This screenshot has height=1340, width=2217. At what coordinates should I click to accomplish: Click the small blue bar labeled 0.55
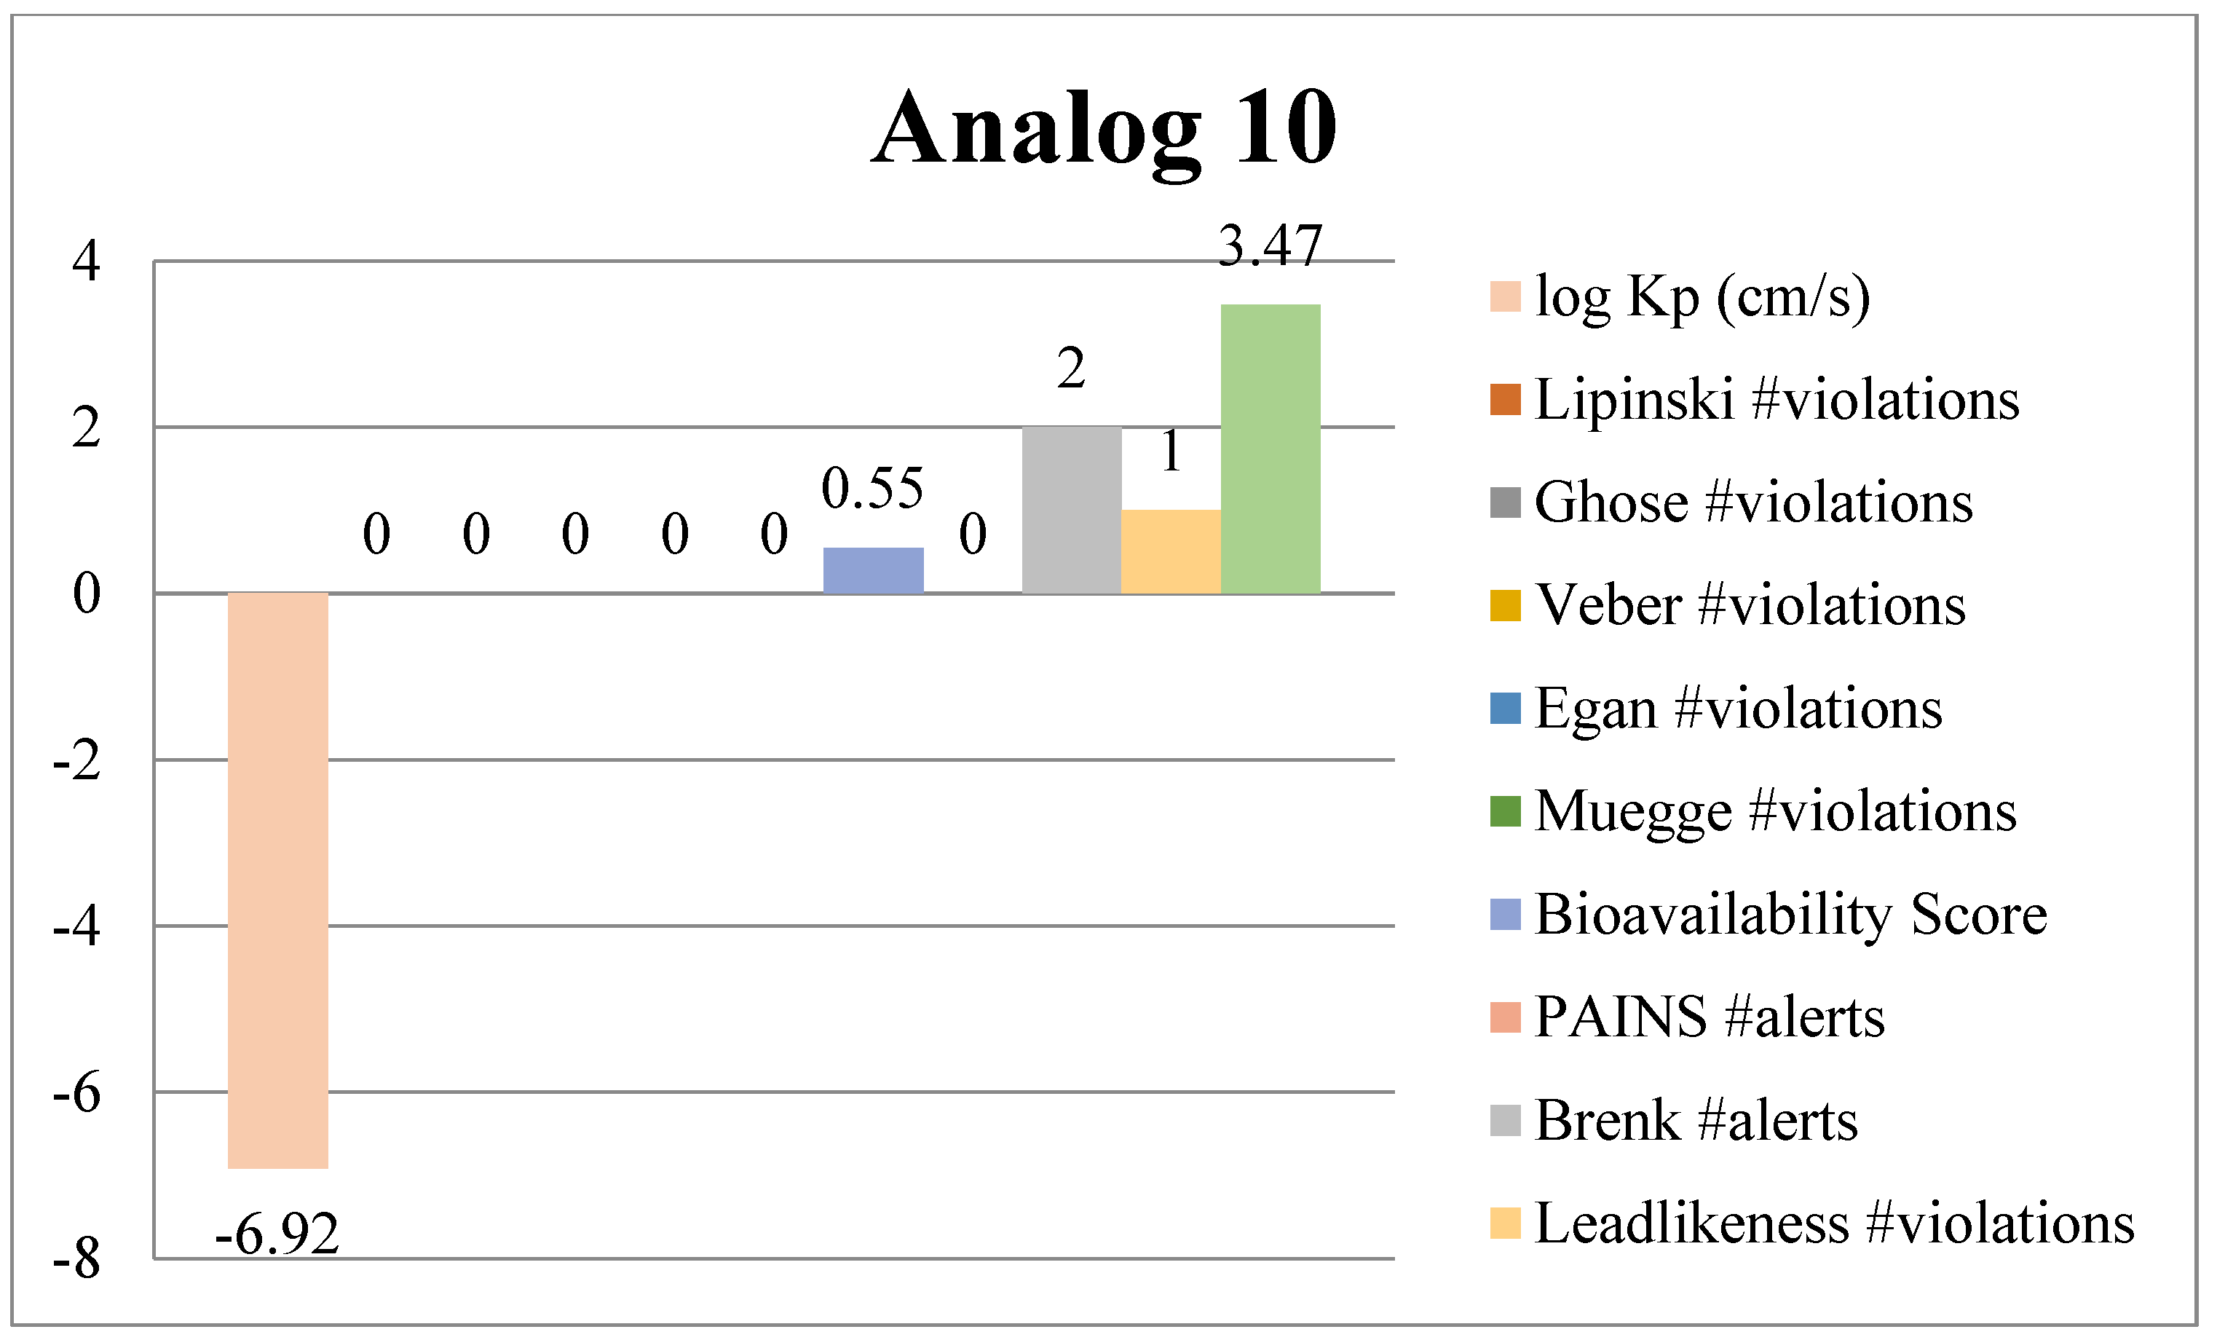click(x=873, y=569)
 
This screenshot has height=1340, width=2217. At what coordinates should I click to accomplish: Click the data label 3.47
click(x=1270, y=245)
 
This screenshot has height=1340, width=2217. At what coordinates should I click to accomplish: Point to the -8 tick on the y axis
click(x=77, y=1258)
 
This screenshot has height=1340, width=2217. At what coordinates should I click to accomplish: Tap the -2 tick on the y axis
click(x=77, y=760)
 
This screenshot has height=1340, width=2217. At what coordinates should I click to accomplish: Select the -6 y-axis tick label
click(x=77, y=1092)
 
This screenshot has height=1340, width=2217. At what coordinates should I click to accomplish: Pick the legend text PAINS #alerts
click(x=1709, y=1017)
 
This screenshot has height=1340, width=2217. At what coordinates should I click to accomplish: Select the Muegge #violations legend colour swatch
click(x=1504, y=811)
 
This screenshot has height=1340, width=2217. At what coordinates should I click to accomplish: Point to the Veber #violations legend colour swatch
click(x=1504, y=604)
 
